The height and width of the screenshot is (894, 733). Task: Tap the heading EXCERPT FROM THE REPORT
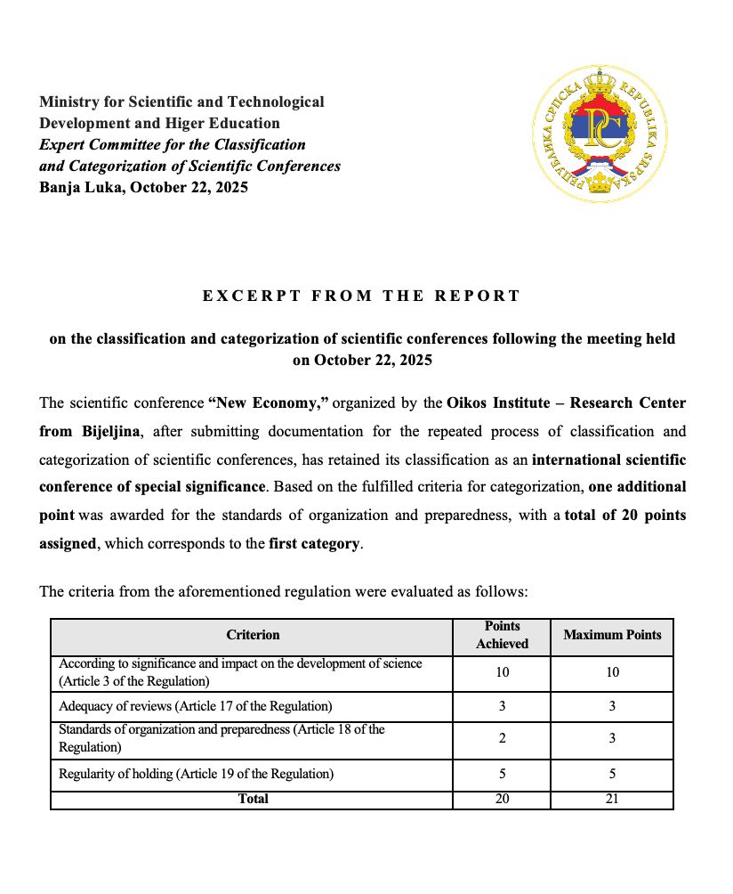click(361, 296)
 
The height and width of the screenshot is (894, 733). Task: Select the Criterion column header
click(253, 635)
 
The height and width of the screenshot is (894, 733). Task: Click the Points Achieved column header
click(503, 635)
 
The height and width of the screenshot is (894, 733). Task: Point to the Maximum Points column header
click(612, 635)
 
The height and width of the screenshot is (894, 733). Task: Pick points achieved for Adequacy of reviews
click(503, 707)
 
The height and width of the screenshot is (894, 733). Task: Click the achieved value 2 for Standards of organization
click(503, 738)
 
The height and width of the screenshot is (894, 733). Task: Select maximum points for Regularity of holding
click(612, 774)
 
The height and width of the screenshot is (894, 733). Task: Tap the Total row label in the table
click(253, 799)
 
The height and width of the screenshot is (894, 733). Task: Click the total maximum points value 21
click(612, 799)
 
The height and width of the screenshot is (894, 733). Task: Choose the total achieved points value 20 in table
click(503, 799)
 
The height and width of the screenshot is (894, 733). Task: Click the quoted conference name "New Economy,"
click(269, 403)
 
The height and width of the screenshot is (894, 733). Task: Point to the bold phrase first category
click(315, 543)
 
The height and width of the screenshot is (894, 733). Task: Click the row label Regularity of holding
click(197, 774)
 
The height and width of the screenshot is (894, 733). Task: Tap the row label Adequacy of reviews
click(195, 707)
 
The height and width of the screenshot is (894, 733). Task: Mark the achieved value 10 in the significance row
click(503, 672)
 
